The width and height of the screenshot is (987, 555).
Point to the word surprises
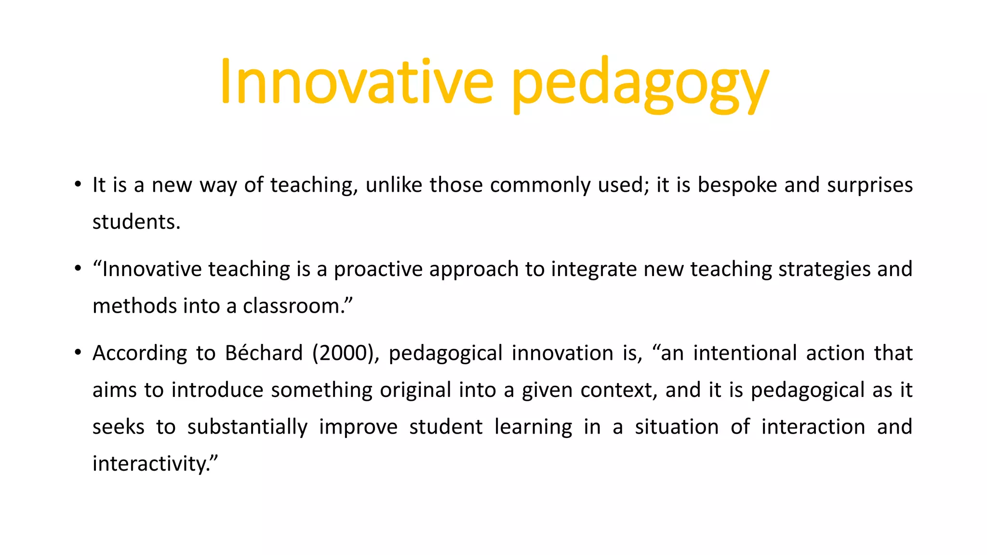tap(870, 185)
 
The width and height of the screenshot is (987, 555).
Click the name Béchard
tap(264, 353)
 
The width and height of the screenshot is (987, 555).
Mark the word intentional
tap(745, 353)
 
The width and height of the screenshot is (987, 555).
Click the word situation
tap(677, 427)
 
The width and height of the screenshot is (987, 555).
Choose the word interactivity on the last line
tap(152, 464)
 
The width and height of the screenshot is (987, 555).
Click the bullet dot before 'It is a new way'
tap(78, 185)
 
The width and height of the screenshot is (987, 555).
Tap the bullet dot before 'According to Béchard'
tap(78, 353)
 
